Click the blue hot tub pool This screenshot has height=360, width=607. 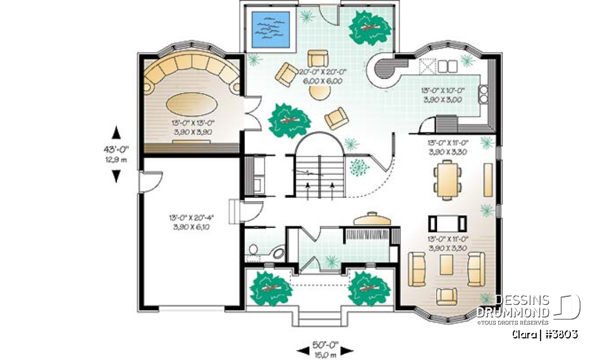(x=271, y=30)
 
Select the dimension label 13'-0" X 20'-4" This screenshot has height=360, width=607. (x=190, y=222)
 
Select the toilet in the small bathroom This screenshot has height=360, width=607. (x=254, y=251)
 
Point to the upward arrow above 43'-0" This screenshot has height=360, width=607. (x=116, y=132)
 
